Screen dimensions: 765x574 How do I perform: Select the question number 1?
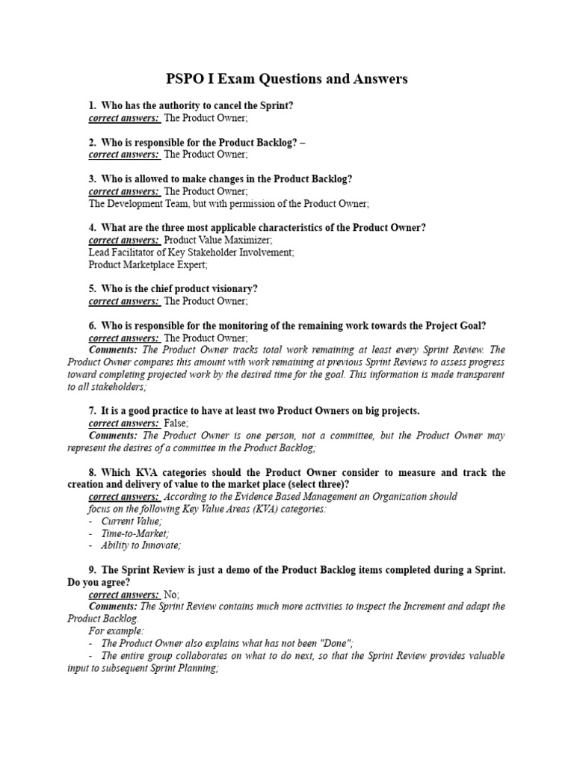point(92,105)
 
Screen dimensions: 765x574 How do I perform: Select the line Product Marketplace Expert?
point(148,264)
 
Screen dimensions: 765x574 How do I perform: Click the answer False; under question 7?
point(176,424)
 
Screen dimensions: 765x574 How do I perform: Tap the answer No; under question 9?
point(171,594)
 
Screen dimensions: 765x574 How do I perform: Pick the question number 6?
point(92,326)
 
